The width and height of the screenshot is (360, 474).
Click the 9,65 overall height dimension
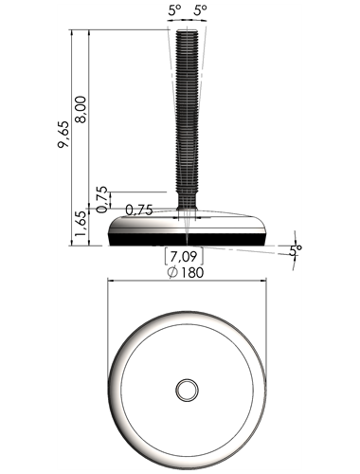click(63, 134)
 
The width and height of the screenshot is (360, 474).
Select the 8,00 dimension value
click(81, 109)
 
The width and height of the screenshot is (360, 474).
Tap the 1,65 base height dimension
click(81, 224)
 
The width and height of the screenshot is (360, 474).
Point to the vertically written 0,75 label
click(101, 200)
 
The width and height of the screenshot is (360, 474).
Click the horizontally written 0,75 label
click(139, 210)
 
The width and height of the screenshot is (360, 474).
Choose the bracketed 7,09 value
click(184, 257)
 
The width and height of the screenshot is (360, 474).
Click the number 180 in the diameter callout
click(192, 272)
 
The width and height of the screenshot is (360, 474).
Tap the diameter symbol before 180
click(172, 272)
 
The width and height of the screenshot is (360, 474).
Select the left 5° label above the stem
click(174, 11)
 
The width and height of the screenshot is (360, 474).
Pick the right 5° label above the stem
click(200, 11)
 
